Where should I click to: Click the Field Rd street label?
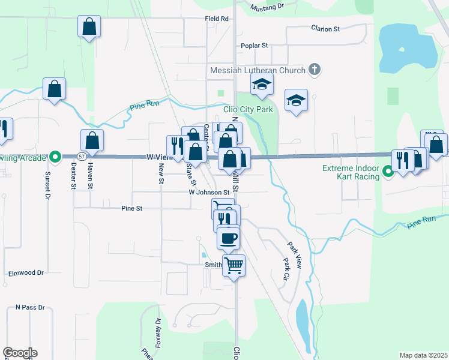click(217, 19)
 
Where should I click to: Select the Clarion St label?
click(325, 28)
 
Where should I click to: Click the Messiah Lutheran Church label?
click(258, 70)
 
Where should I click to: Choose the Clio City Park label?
click(248, 109)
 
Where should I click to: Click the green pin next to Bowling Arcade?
click(55, 157)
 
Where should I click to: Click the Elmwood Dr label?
click(26, 273)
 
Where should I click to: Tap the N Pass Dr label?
click(30, 307)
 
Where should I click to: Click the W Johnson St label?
click(210, 193)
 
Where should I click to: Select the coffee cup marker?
click(228, 238)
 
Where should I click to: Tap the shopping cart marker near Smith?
click(234, 265)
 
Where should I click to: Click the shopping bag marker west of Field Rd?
click(89, 26)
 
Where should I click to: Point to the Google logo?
click(20, 353)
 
